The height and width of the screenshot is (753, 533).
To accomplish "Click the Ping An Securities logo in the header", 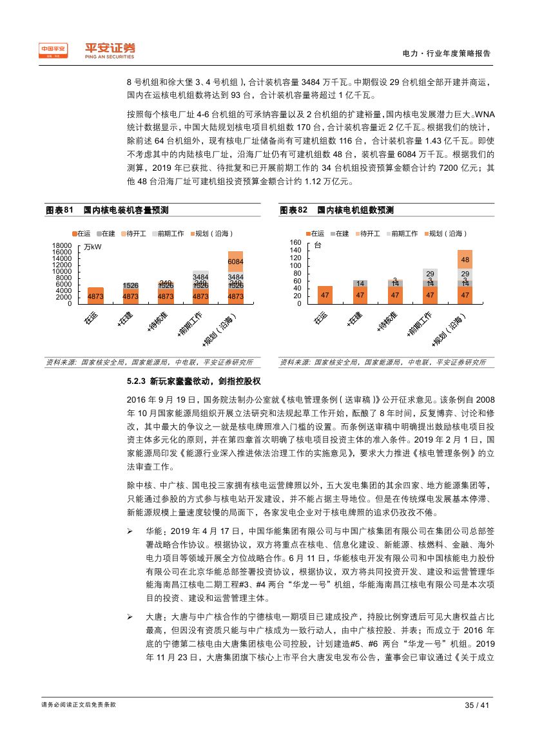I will [x=88, y=50].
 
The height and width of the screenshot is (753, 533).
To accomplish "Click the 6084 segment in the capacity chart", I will [x=235, y=262].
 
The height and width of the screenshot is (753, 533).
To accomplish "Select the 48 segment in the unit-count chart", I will [x=464, y=259].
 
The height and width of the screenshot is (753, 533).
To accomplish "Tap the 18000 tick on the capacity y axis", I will [x=62, y=246].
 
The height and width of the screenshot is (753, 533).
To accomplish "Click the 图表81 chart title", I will [x=108, y=210].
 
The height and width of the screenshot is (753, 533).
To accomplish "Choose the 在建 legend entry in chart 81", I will [x=107, y=233].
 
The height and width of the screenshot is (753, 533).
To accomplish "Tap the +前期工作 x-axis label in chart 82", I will [x=420, y=324].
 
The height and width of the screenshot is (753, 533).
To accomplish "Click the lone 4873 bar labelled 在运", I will [x=95, y=296].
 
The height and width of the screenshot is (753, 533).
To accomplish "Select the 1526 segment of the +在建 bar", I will [x=131, y=285].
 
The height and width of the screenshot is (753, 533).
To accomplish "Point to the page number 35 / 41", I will [x=478, y=705].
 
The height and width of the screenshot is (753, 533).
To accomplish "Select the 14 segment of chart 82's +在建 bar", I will [x=360, y=283].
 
